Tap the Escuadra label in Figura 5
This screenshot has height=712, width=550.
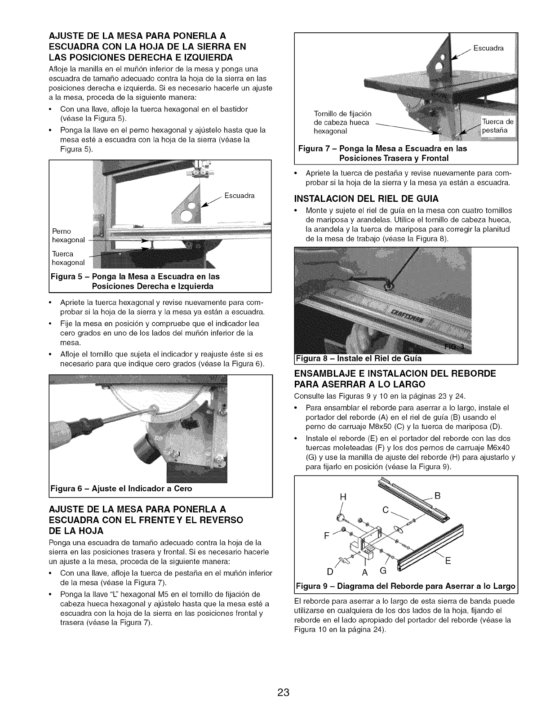pyautogui.click(x=240, y=196)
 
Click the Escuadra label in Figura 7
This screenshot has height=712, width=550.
pyautogui.click(x=488, y=48)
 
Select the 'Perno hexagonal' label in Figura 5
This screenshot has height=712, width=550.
pyautogui.click(x=68, y=236)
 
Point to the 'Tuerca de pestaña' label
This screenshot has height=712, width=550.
pyautogui.click(x=499, y=126)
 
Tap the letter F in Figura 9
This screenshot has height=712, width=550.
pyautogui.click(x=326, y=536)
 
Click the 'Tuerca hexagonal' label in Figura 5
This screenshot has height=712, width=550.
pyautogui.click(x=68, y=258)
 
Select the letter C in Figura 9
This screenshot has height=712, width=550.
pyautogui.click(x=385, y=510)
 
